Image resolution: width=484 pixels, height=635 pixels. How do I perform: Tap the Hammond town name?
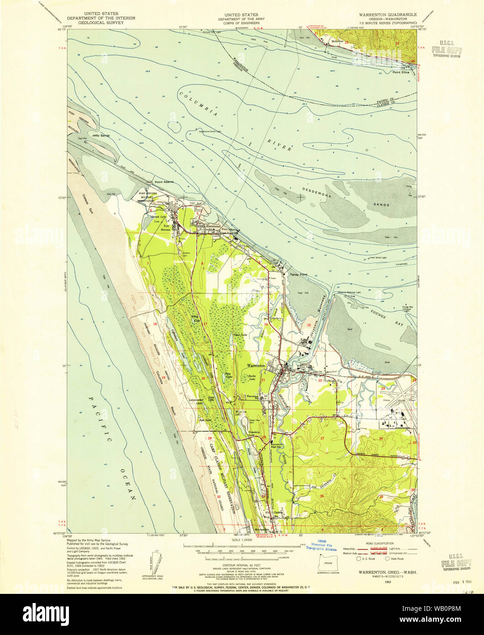[x=212, y=226]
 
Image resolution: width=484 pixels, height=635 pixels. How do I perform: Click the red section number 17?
[x=205, y=324]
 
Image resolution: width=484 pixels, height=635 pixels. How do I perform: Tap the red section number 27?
[x=322, y=438]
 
